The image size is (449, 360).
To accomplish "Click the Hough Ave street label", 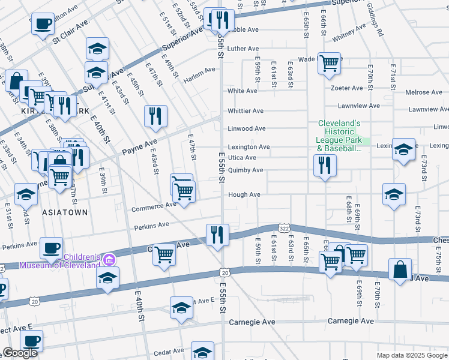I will pos(244,195).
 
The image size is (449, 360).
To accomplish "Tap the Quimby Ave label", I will pos(245,170).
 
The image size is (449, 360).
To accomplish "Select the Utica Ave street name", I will pos(242,158).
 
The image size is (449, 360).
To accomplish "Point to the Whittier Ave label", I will pos(245,111).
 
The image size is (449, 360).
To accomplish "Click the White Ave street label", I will pos(242,91).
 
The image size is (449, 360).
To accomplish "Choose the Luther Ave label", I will pos(243,49).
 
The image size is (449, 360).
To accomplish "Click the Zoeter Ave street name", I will pos(347,88).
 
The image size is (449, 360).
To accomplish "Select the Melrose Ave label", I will pos(424,92).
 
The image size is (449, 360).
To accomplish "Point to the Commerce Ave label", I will pos(154,206).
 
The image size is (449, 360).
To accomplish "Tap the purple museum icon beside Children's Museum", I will pos(109,259).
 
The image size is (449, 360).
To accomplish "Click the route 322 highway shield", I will pos(284,228).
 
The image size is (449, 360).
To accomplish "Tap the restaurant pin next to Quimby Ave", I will pos(324,164).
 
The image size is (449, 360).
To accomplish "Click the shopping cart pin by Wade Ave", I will pos(329,62).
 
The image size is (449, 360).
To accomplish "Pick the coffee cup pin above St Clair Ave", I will pos(42,24).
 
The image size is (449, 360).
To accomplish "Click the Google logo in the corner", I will pos(20,353).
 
